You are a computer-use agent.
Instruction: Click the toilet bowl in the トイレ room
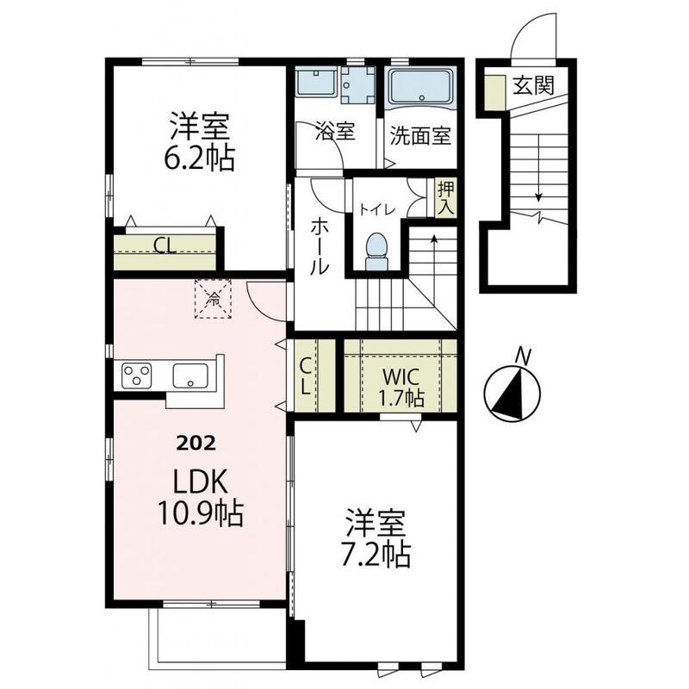pos(377,251)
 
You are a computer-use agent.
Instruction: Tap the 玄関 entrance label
pos(533,84)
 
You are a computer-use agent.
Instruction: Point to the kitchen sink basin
pos(190,376)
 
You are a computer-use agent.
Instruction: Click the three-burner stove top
pos(137,376)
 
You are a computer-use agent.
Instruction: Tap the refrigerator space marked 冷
pos(213,299)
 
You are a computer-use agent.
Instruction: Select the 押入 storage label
pos(445,197)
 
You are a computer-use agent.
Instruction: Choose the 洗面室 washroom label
pos(420,136)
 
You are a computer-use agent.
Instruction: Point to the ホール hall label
pos(320,247)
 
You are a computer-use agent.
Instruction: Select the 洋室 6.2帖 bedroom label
pos(200,141)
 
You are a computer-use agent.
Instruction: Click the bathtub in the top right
pos(421,88)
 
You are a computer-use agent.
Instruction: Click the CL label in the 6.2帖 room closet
pos(164,245)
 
